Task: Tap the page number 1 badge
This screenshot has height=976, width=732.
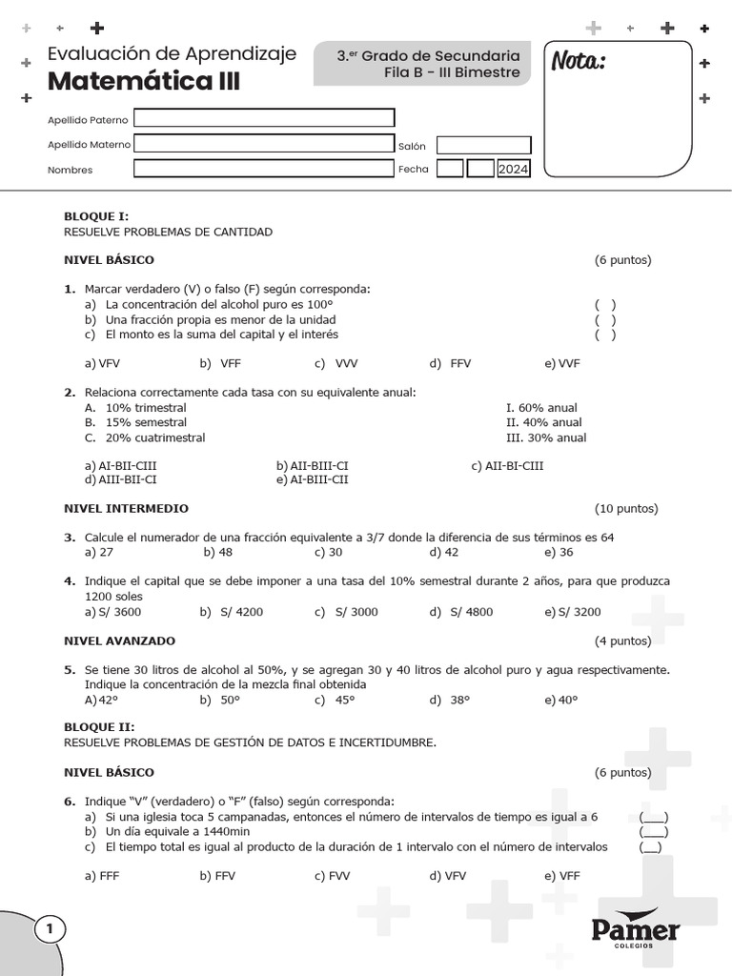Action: [x=50, y=928]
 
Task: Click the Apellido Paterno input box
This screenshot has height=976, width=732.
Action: [x=264, y=118]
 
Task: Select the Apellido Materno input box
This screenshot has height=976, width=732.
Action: [x=264, y=144]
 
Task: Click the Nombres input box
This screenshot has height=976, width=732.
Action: [x=264, y=169]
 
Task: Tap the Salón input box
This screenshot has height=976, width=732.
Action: [x=482, y=145]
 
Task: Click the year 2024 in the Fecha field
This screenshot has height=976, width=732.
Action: [x=513, y=170]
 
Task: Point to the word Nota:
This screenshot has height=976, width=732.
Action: [x=579, y=63]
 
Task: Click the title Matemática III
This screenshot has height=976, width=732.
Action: [x=144, y=83]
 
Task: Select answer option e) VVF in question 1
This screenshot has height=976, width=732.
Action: [x=562, y=363]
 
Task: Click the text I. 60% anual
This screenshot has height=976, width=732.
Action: [x=541, y=407]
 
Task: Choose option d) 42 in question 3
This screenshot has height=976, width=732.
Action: [x=444, y=552]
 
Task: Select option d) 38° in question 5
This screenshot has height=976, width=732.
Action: [x=449, y=700]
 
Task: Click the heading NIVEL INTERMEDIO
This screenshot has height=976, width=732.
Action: [x=126, y=508]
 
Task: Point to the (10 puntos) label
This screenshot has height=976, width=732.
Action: [x=626, y=508]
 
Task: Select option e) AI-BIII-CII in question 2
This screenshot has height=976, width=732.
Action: [x=313, y=479]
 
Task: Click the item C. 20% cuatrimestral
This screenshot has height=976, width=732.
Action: [x=145, y=437]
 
